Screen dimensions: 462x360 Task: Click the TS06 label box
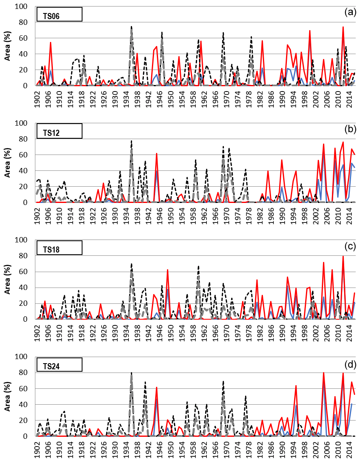[59, 14]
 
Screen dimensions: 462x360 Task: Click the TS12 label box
[59, 131]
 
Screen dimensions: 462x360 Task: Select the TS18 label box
[59, 248]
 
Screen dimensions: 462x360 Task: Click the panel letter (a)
[350, 12]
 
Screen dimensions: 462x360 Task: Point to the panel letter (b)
[350, 129]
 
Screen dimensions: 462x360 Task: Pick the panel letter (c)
[350, 246]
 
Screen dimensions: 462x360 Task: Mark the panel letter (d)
[350, 362]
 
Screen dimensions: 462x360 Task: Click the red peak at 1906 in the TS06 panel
[50, 42]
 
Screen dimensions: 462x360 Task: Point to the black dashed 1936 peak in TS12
[131, 141]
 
